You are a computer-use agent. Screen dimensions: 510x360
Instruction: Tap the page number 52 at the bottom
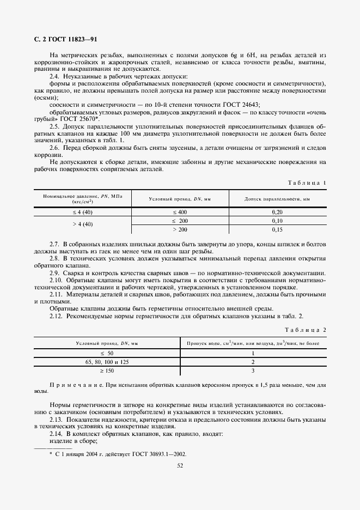click(x=180, y=465)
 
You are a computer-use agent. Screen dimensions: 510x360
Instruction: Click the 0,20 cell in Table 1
click(x=277, y=211)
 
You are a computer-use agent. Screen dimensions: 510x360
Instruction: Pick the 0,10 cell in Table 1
click(x=277, y=221)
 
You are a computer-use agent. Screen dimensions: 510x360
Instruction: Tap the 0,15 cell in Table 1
click(x=277, y=230)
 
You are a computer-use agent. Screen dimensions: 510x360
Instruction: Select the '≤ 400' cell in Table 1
click(x=180, y=211)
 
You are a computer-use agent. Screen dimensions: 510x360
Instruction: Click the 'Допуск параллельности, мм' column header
click(x=277, y=199)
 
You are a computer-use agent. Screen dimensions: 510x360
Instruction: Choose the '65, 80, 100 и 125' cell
click(x=107, y=362)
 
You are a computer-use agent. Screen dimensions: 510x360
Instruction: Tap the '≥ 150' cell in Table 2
click(x=107, y=371)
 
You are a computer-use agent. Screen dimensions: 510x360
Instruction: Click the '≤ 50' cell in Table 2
click(x=107, y=353)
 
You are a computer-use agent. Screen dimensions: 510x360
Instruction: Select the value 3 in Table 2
click(x=253, y=371)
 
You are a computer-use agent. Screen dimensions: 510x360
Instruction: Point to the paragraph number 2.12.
click(x=56, y=316)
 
